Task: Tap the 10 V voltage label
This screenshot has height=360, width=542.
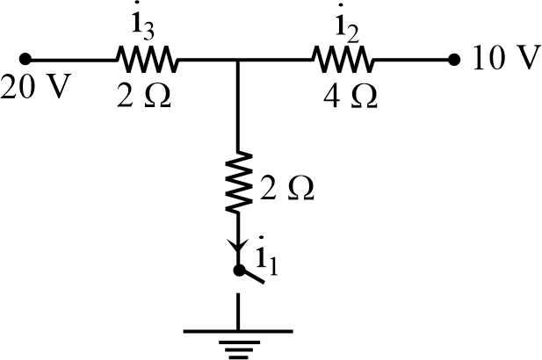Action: (505, 60)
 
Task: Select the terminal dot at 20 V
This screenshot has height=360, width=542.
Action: (25, 60)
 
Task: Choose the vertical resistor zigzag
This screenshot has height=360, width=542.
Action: (238, 184)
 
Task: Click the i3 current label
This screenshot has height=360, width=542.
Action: (146, 27)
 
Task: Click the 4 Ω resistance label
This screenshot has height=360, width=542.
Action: (350, 95)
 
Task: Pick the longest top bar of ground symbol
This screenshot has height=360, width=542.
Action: (238, 332)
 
